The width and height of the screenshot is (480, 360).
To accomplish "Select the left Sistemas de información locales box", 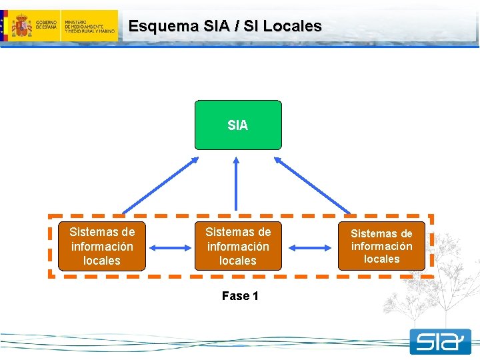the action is [x=101, y=246].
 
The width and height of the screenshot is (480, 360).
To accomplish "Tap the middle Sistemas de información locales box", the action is [x=238, y=246].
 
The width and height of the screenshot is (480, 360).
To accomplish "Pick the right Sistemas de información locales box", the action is [x=381, y=246].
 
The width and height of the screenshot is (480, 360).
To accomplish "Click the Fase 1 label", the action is [x=240, y=296].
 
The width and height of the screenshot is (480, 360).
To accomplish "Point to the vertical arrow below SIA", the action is [x=236, y=184].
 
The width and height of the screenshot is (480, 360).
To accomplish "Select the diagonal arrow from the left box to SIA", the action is [x=160, y=185].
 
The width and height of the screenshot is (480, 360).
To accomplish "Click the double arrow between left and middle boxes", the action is [x=170, y=248].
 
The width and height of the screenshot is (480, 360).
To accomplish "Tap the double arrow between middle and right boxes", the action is [x=309, y=248].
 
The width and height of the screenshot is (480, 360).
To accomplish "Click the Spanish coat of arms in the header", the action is [x=22, y=26].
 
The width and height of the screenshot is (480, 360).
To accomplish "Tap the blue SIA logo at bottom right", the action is [x=440, y=342].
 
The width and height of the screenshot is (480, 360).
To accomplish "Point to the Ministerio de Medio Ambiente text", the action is [x=89, y=27].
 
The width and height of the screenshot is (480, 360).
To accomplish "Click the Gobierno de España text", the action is [x=46, y=27].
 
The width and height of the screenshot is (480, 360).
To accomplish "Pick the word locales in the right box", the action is [x=381, y=259].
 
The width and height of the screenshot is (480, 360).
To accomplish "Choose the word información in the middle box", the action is [x=238, y=247].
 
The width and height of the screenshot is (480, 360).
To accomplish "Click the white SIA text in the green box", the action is [x=238, y=125].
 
